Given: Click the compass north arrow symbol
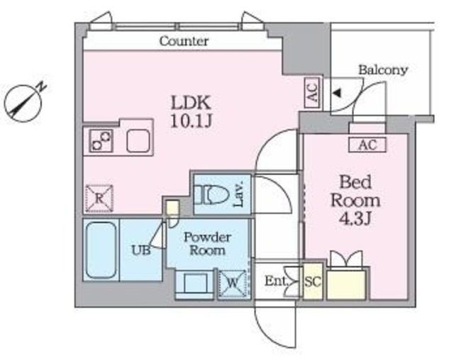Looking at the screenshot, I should coord(24,100).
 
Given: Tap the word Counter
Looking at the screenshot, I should coord(184,41).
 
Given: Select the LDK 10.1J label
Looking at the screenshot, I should coord(191,111).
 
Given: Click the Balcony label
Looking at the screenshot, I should coord(382,69).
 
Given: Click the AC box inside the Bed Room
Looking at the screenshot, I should coord(367,145).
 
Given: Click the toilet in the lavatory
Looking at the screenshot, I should coord(211,194).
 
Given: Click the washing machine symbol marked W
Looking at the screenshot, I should coord(232,285).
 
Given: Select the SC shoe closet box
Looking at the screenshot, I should coord(313,281).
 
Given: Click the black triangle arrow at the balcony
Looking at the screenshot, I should coord(337,93).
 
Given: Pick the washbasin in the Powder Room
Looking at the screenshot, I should coord(193,285).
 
